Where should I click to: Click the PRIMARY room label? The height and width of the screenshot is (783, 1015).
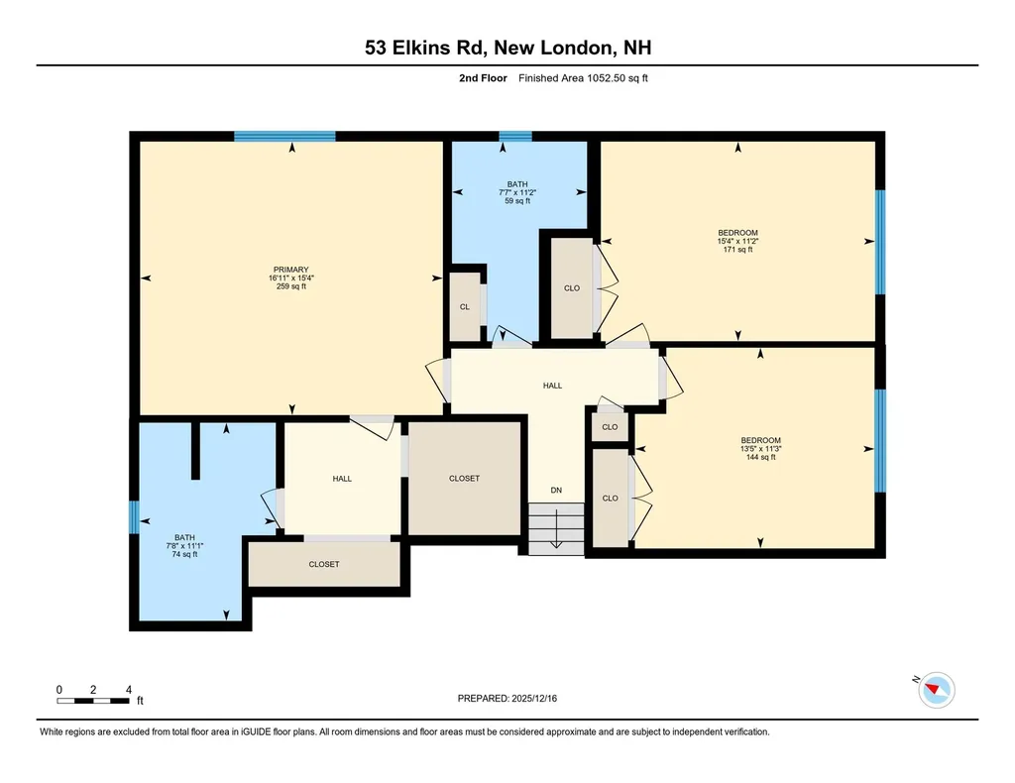point(291,270)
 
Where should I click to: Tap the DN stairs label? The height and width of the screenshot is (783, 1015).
point(557,490)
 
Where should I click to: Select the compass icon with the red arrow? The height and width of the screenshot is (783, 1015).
point(937,689)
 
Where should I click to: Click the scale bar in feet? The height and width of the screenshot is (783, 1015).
point(93,700)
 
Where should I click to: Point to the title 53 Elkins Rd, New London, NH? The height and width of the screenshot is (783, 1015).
point(507,48)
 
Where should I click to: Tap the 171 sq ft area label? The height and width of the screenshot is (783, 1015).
point(737,250)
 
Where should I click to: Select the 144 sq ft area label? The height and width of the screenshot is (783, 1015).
point(760,457)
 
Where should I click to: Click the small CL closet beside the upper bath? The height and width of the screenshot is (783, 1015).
point(464,306)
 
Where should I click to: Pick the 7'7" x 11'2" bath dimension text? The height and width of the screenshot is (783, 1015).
point(517,192)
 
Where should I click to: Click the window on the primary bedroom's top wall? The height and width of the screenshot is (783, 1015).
point(284,137)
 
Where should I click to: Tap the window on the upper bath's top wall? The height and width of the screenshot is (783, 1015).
point(515,137)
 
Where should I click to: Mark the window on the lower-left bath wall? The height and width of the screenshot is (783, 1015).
point(134,517)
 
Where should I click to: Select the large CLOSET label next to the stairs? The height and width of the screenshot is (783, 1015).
point(464,479)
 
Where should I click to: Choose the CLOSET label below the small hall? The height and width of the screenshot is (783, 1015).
point(323,564)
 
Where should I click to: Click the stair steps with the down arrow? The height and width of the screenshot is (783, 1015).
point(555,529)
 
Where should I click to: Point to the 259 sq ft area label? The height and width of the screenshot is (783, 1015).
point(291,286)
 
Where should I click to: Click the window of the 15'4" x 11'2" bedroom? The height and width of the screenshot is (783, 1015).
point(879,242)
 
